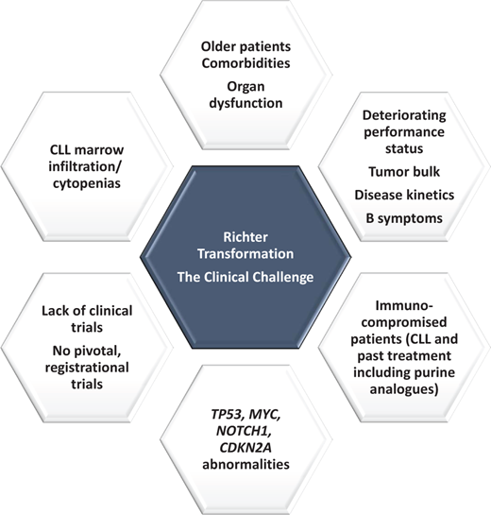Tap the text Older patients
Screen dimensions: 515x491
point(245,45)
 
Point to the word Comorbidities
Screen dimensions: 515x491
point(245,63)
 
